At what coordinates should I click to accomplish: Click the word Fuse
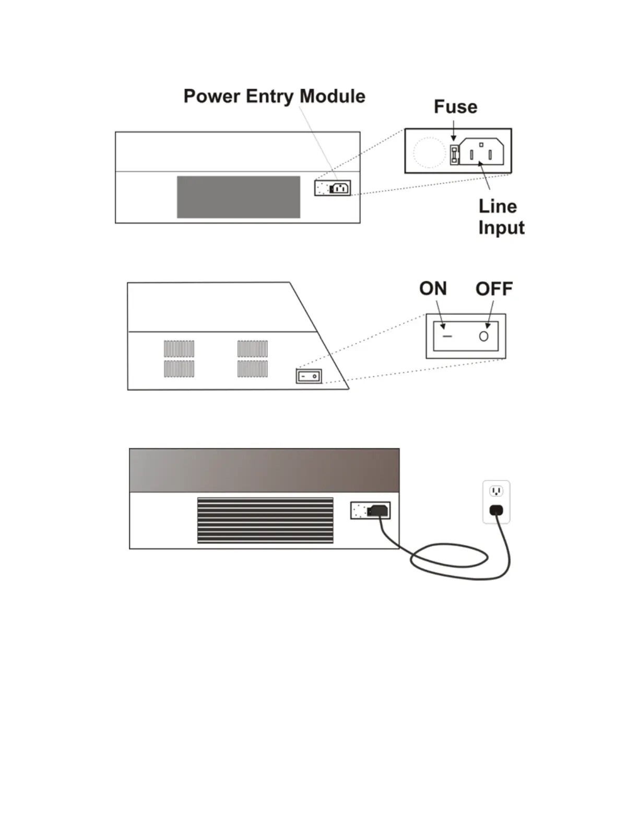click(455, 107)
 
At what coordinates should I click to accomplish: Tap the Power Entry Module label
click(274, 97)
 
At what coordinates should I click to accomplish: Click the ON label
click(433, 289)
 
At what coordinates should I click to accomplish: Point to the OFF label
click(494, 289)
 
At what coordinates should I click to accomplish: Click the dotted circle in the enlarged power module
click(429, 152)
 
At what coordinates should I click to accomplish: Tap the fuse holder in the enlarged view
click(454, 155)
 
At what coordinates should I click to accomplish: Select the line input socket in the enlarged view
click(481, 152)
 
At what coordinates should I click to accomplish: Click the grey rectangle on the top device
click(239, 197)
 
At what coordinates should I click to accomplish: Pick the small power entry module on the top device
click(333, 188)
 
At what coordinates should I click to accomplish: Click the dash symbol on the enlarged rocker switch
click(447, 337)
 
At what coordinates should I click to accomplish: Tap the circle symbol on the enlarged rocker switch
click(483, 336)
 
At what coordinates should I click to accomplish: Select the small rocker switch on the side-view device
click(309, 376)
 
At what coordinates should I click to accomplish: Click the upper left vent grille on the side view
click(179, 349)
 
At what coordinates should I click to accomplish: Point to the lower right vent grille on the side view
click(253, 369)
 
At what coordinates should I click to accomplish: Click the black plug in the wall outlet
click(496, 510)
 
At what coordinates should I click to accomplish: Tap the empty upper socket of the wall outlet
click(496, 491)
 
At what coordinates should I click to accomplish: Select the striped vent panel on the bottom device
click(265, 521)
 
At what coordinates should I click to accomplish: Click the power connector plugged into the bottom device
click(377, 511)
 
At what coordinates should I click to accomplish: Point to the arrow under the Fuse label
click(453, 131)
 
